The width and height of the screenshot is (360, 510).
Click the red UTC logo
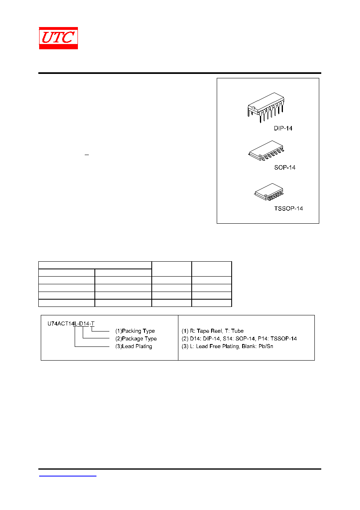click(58, 38)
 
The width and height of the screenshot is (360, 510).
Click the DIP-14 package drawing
click(266, 107)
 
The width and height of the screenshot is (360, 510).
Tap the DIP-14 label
click(283, 128)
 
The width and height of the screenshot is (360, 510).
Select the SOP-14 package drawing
click(266, 151)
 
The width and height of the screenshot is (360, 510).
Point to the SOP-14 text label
click(285, 168)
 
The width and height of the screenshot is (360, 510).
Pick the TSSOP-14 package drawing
click(269, 192)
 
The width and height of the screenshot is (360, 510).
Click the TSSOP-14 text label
click(288, 208)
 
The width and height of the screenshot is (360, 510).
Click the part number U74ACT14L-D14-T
click(71, 323)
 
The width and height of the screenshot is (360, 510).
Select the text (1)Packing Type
click(135, 331)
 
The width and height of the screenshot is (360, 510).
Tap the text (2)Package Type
click(136, 338)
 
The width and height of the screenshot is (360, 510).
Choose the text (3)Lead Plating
click(134, 346)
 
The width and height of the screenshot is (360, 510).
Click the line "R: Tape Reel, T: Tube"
click(217, 331)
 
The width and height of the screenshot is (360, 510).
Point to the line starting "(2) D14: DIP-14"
click(239, 338)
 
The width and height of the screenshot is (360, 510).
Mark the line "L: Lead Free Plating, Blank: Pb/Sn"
click(231, 346)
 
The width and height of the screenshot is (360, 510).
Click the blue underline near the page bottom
click(67, 476)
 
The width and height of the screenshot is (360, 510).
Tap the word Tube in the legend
click(237, 331)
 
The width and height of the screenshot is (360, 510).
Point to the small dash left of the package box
click(87, 155)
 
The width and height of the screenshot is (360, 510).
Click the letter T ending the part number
click(92, 323)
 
